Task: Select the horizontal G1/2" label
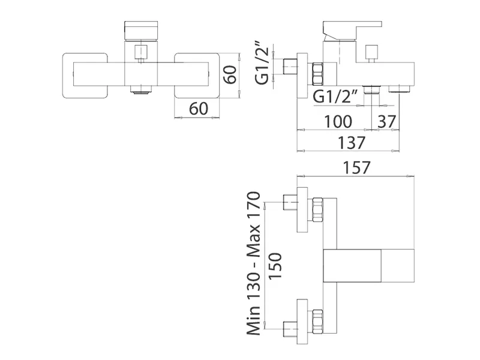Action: click(337, 97)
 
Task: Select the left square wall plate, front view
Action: click(86, 75)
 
